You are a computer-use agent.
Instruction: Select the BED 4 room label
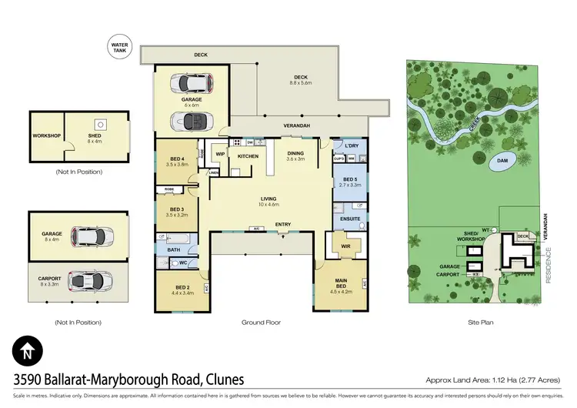177,161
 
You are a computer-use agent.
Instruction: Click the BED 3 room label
177,212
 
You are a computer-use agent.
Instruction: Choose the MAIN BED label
340,288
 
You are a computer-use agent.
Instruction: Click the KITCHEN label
248,156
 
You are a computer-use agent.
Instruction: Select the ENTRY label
283,225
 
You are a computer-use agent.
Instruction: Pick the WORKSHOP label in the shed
46,136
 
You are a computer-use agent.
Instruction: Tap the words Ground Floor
260,323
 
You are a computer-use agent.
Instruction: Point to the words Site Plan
481,323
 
